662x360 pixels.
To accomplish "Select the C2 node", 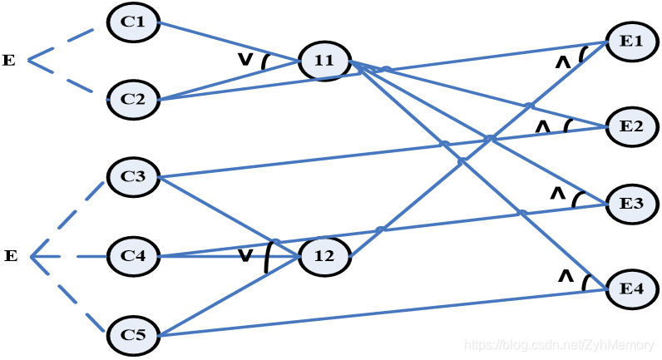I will click(x=133, y=99).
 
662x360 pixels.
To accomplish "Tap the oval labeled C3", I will click(x=133, y=176).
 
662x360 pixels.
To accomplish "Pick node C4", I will click(x=133, y=256).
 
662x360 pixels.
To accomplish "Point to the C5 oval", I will click(x=133, y=335).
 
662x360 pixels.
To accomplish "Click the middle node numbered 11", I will click(x=324, y=60).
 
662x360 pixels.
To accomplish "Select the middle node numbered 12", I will click(x=324, y=256).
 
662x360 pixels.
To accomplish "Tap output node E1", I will click(x=632, y=41).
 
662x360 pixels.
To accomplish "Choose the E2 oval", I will click(x=632, y=126).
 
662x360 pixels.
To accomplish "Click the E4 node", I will click(x=632, y=288).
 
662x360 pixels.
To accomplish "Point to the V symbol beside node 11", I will click(x=245, y=59).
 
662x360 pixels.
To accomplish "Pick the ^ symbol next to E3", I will click(x=557, y=194).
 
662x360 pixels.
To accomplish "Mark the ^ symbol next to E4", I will click(x=565, y=275).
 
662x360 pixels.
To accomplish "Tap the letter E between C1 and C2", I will click(x=9, y=60).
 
